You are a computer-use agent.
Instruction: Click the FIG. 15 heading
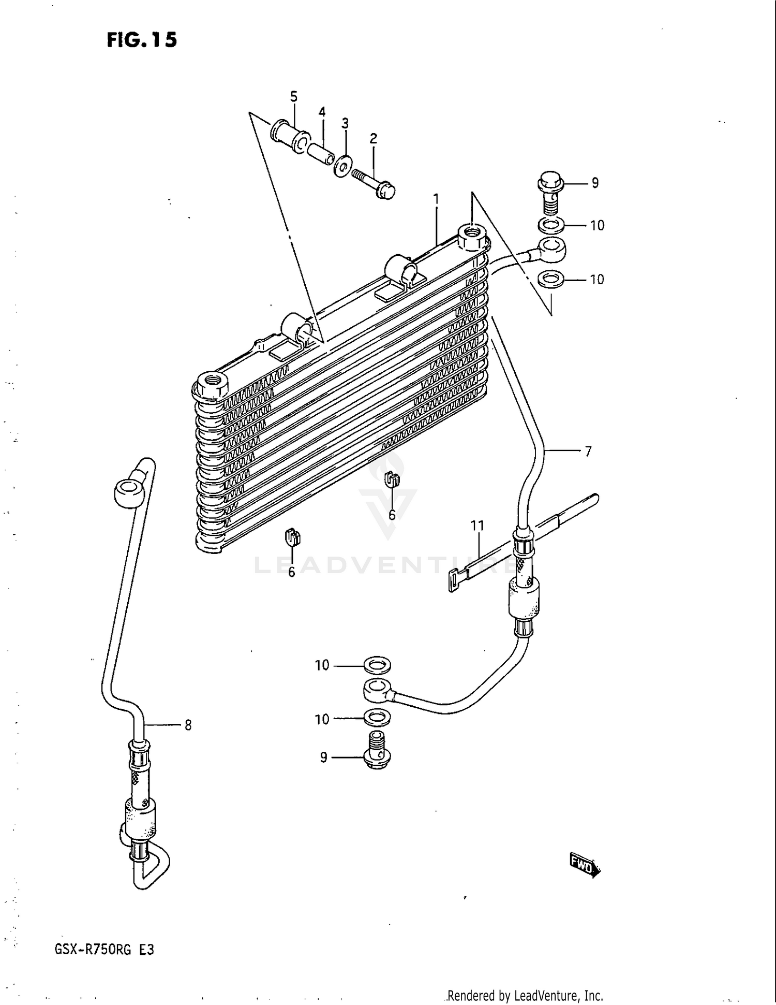click(x=142, y=40)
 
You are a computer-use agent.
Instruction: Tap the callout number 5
click(x=293, y=97)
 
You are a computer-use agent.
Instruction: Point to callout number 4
click(x=322, y=112)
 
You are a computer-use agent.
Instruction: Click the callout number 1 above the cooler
click(x=436, y=199)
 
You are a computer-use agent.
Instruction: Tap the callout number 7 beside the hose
click(x=588, y=451)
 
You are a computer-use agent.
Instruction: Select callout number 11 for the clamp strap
click(x=477, y=526)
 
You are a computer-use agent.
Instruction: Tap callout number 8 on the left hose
click(x=188, y=725)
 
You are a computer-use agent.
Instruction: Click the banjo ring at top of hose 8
click(x=127, y=491)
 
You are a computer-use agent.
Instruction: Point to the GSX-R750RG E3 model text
click(x=103, y=950)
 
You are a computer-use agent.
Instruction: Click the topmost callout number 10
click(x=597, y=226)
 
